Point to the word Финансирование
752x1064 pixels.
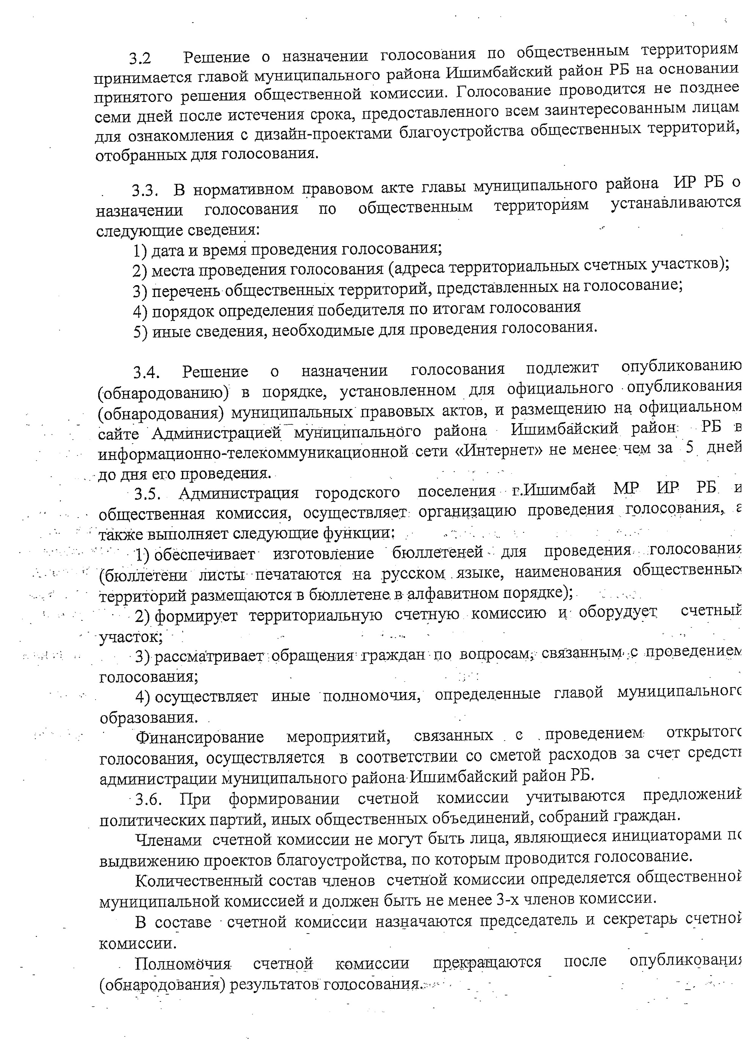pyautogui.click(x=200, y=737)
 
